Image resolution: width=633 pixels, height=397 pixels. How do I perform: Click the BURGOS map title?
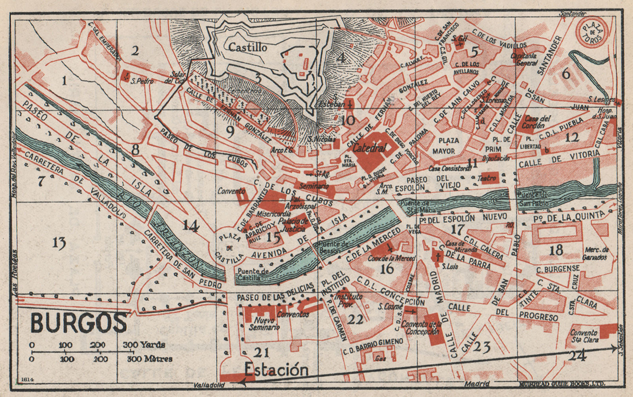(79, 323)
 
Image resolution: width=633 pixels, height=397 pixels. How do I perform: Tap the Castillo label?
(248, 47)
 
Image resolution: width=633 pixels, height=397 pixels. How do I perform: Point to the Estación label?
(276, 370)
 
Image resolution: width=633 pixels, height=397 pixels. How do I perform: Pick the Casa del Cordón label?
(538, 122)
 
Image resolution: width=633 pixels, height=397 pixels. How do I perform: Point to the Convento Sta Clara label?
(584, 336)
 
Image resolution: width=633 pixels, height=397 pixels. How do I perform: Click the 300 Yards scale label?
(144, 345)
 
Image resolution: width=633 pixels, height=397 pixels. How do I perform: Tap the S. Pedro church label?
(143, 81)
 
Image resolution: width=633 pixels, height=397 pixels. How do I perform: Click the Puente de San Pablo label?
(533, 199)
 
